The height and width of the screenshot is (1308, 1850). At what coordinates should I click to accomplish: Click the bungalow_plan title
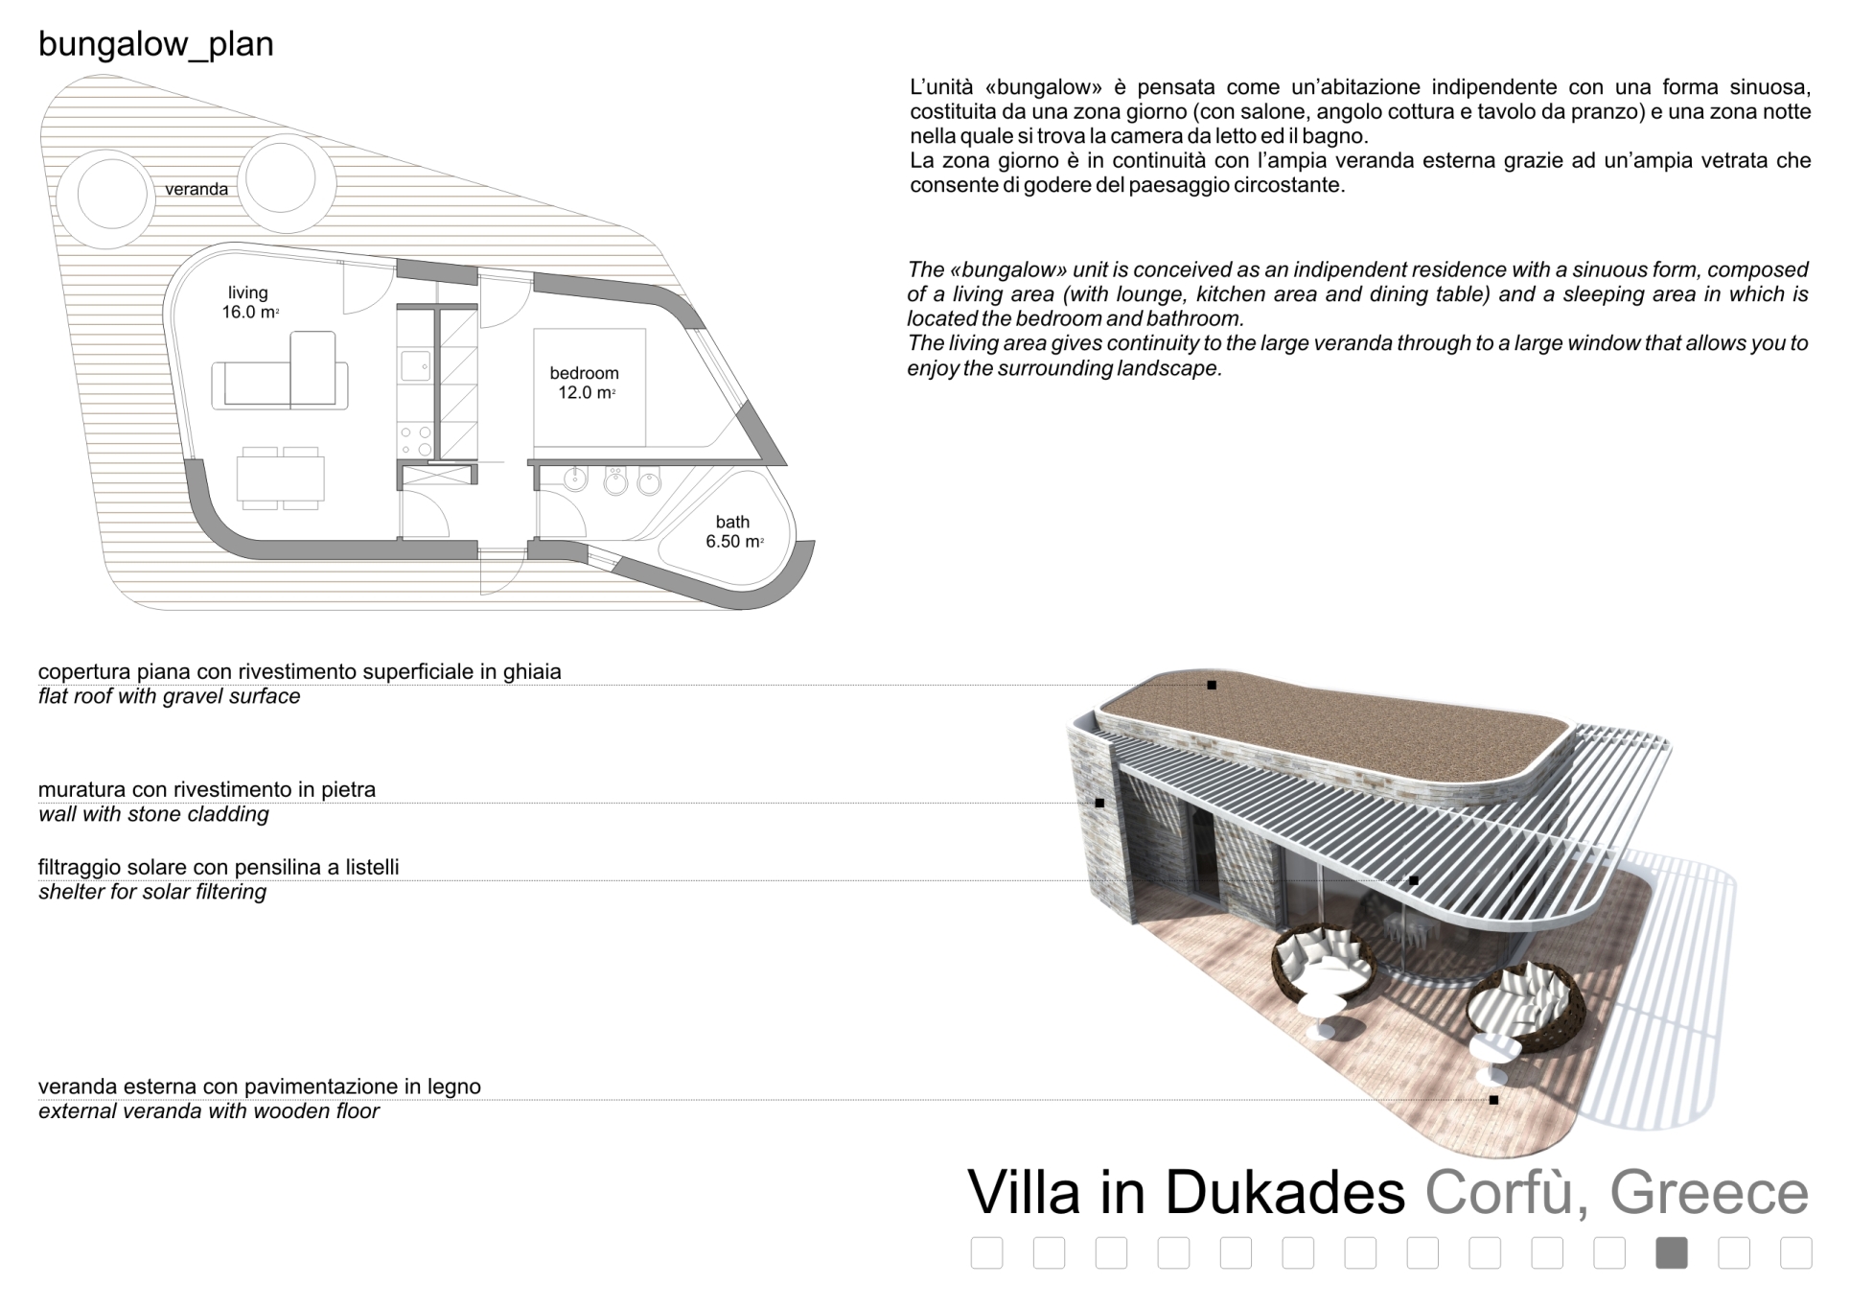coord(156,44)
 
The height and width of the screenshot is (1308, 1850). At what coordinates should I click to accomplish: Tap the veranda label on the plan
coord(197,189)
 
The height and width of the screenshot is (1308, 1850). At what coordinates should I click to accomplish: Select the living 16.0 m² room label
coord(249,302)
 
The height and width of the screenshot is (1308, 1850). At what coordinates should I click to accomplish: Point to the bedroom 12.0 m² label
coord(585,383)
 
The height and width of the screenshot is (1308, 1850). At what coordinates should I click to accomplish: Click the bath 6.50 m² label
coord(733,532)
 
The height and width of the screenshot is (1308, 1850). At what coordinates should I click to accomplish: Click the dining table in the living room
coord(281,478)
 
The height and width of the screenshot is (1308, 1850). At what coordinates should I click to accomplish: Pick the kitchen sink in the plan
coord(415,365)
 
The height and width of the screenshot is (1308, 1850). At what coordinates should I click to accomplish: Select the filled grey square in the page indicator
coord(1671,1253)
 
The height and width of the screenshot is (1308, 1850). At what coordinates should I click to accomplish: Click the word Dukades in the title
coord(1284,1192)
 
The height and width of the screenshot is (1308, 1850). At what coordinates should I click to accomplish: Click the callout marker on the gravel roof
coord(1212,685)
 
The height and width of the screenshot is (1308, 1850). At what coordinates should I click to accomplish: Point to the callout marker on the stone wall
coord(1099,803)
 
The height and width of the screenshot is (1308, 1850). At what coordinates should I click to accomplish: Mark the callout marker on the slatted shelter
coord(1413,880)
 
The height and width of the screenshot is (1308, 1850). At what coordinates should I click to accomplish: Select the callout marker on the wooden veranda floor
coord(1493,1100)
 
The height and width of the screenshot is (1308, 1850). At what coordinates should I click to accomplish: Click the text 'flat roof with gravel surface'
coord(170,697)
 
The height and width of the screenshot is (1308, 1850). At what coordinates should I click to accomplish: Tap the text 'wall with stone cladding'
coord(153,815)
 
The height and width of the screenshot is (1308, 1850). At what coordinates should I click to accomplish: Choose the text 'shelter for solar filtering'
coord(152,893)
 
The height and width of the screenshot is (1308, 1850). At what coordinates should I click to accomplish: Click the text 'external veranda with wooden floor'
coord(209,1112)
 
